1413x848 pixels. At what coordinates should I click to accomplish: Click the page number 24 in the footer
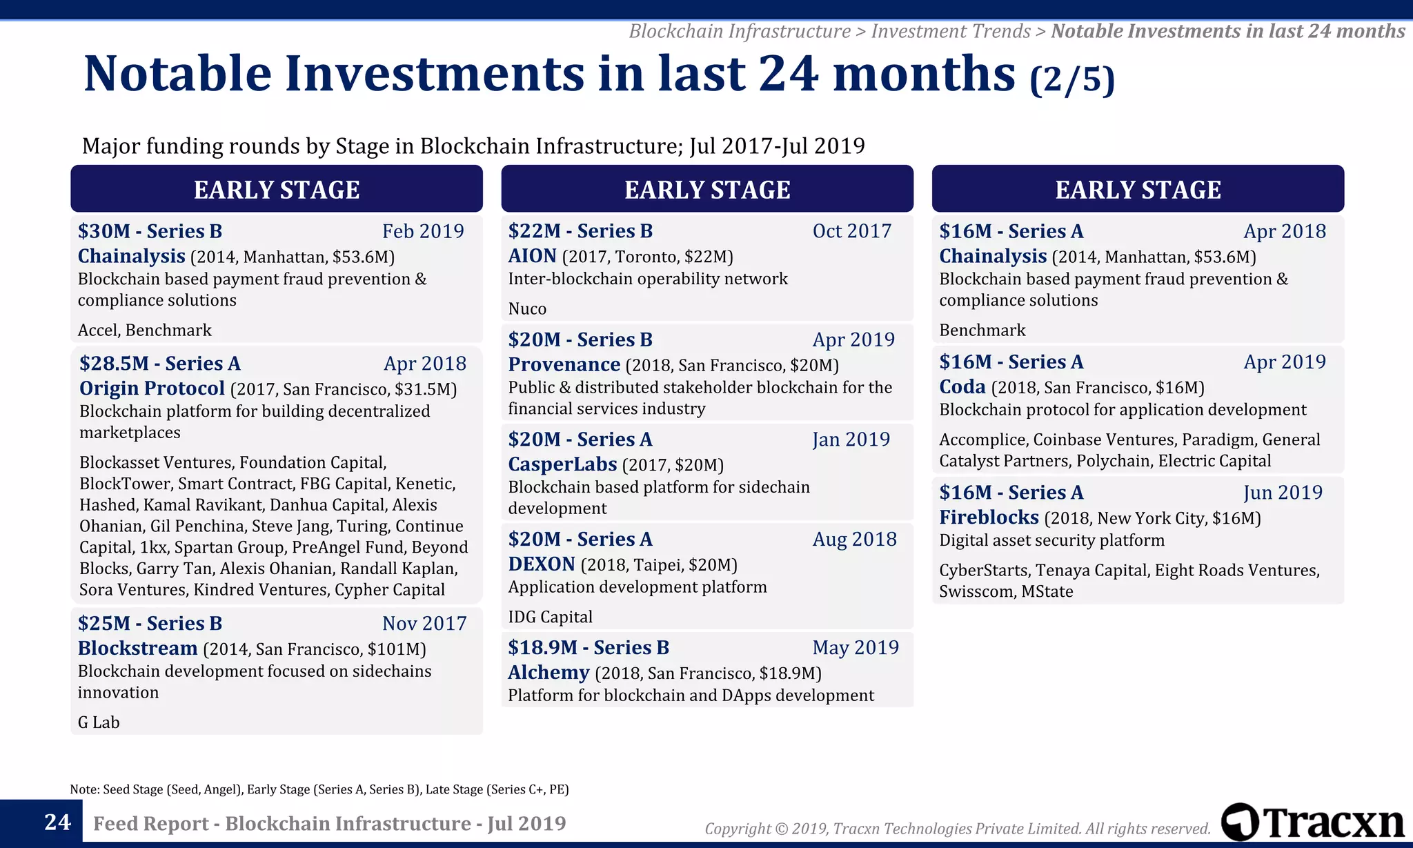tap(57, 822)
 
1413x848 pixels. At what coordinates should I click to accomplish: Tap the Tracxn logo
tap(1312, 822)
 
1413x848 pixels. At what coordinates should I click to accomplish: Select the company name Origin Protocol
tap(152, 388)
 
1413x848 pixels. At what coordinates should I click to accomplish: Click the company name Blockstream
tap(137, 649)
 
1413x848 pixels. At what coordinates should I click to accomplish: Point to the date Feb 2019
tap(423, 231)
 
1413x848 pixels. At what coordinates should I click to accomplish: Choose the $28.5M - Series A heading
tap(159, 364)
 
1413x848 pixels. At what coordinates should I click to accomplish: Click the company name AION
tap(532, 256)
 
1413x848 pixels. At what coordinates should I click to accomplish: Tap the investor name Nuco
tap(527, 308)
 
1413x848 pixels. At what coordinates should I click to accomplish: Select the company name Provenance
tap(564, 364)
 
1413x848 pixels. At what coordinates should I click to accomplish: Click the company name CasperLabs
tap(562, 464)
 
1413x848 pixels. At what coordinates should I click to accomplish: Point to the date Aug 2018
tap(854, 539)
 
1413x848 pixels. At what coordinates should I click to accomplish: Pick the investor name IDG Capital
tap(550, 617)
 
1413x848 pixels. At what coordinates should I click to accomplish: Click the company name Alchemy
tap(549, 672)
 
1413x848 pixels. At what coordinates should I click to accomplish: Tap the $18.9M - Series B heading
tap(589, 647)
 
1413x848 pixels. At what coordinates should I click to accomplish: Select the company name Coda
tap(962, 386)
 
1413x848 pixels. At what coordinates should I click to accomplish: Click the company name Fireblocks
tap(989, 517)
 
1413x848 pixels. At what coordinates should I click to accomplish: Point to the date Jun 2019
tap(1283, 493)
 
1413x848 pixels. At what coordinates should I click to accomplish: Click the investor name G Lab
tap(99, 722)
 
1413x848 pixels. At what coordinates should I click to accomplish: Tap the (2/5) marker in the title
tap(1071, 79)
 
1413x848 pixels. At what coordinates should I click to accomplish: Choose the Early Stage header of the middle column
tap(707, 189)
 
